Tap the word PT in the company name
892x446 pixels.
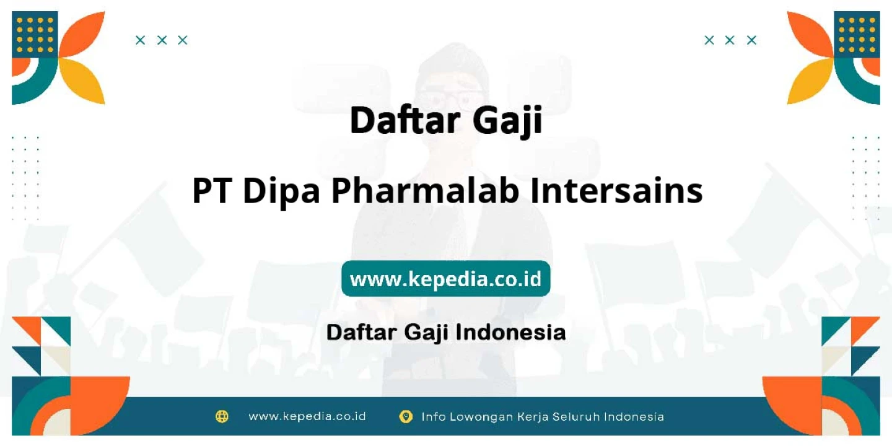[212, 191]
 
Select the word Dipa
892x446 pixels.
[281, 192]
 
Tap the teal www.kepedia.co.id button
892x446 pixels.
[445, 278]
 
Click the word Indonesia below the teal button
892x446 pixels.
[510, 332]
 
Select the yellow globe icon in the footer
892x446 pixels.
[222, 416]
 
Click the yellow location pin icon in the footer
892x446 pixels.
[405, 416]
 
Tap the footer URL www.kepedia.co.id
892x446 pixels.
[307, 416]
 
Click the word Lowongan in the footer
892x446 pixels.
[481, 417]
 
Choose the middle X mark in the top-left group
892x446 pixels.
[162, 40]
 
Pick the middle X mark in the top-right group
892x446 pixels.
[730, 40]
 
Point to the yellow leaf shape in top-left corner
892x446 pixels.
[82, 81]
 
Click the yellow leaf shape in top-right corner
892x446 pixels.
[810, 81]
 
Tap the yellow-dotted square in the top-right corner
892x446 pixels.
[857, 34]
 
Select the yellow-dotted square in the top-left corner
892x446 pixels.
[35, 34]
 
